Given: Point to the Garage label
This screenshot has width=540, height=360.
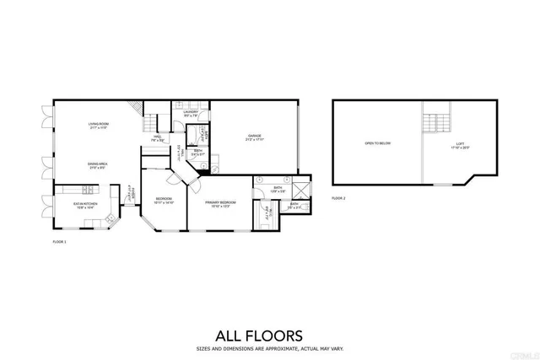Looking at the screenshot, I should coord(255,137).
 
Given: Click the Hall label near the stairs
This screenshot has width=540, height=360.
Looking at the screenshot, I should coord(158,138).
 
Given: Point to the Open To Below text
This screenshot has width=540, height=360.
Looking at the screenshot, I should coord(377,144).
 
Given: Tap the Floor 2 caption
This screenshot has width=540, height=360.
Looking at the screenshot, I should coord(338,197).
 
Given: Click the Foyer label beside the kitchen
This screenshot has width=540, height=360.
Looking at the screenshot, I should coord(130,195).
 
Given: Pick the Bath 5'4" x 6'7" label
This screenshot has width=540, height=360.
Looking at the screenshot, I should coord(197,153).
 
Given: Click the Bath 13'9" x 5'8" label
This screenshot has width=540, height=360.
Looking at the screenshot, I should coord(278,189).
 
